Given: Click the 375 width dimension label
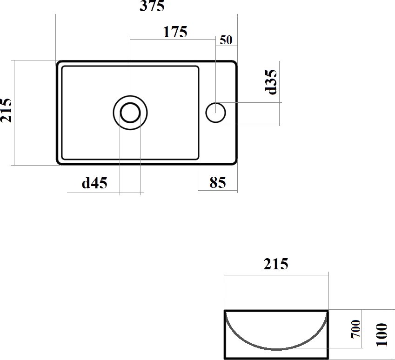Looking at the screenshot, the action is point(152,6).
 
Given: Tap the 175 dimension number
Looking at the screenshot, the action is point(175,32).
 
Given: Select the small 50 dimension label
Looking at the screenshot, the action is point(226,40).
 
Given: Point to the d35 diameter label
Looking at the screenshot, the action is point(271,82).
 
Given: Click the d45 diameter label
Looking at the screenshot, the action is point(94,183).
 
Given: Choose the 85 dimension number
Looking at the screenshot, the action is point(217,182).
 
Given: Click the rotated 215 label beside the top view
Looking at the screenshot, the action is point(6,111).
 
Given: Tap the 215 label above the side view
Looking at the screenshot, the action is point(276,264).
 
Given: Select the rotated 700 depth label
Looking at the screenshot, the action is point(356,329).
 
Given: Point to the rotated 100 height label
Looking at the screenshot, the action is point(382,335).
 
